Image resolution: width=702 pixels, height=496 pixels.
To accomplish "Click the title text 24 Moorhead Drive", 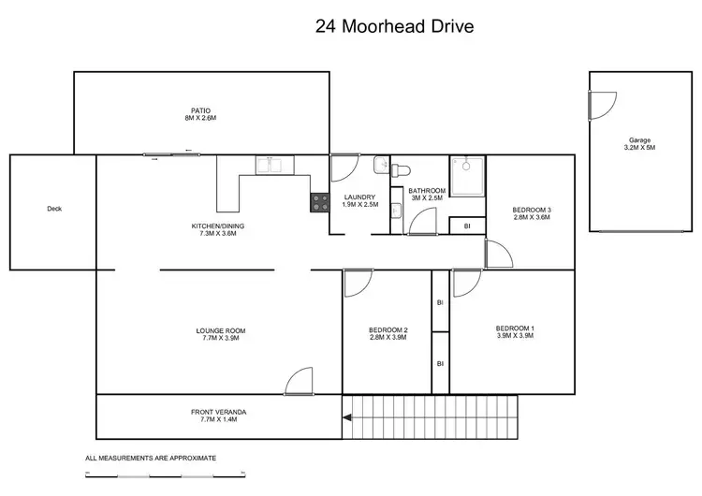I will (x=394, y=26).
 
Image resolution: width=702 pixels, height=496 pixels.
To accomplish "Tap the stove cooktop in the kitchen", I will (x=320, y=201).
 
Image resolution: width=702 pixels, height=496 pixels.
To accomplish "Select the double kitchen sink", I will (x=275, y=166).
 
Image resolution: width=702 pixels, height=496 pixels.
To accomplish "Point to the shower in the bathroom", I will (x=466, y=175).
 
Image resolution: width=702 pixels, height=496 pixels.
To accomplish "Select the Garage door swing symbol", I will (x=601, y=105).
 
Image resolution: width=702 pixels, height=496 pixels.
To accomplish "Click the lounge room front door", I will (x=299, y=382).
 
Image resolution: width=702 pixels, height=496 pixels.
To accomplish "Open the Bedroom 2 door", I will (x=357, y=283).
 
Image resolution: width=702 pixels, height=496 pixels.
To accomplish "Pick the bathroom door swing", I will (x=422, y=221).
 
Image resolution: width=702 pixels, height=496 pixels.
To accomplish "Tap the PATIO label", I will (x=201, y=110).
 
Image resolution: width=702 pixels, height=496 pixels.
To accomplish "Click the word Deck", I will (x=53, y=210).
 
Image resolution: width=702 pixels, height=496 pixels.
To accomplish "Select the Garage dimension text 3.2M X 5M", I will (x=640, y=148).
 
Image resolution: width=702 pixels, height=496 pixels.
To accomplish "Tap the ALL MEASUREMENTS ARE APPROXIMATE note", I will (x=151, y=459).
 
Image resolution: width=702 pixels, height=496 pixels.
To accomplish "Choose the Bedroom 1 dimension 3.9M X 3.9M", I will (x=514, y=335).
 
